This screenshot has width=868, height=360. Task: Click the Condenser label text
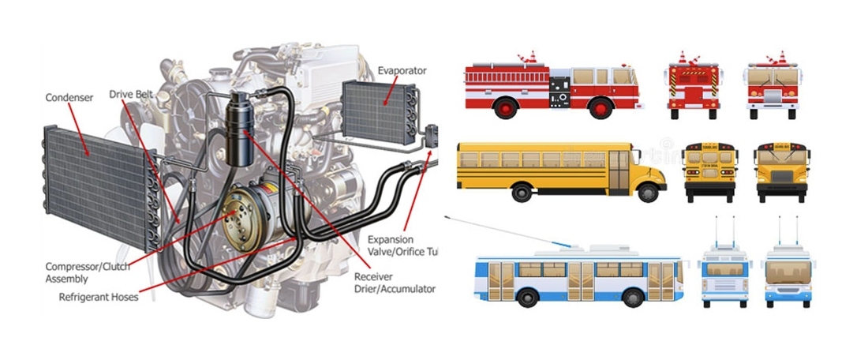click(69, 97)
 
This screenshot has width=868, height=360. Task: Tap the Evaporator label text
click(402, 70)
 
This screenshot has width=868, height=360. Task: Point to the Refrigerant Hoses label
click(99, 298)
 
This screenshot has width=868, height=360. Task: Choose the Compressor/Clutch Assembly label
click(86, 272)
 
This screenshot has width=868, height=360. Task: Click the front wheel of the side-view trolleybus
click(634, 298)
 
